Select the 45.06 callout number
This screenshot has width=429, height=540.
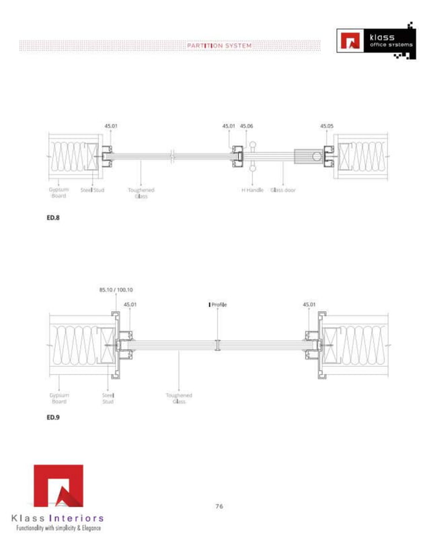[x=247, y=126]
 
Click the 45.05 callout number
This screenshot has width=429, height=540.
[x=327, y=126]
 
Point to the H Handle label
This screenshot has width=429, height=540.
[x=252, y=190]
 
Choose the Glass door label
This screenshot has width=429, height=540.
[x=283, y=190]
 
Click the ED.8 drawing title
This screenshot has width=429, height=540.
[x=53, y=217]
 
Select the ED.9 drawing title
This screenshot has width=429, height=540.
[x=53, y=417]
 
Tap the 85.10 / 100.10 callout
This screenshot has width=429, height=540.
[x=116, y=290]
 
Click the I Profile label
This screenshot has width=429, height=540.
[x=217, y=305]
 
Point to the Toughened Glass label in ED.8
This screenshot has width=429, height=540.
[x=141, y=193]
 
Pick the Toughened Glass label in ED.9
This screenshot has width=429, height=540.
[x=179, y=398]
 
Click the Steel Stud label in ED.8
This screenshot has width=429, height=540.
[x=93, y=190]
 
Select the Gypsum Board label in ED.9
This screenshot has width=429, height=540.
[x=58, y=398]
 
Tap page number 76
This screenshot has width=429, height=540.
[x=219, y=506]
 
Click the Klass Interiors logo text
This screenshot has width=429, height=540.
[x=58, y=518]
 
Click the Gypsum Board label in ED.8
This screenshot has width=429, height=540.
[x=58, y=193]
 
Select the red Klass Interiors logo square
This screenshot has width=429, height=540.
[x=58, y=486]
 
